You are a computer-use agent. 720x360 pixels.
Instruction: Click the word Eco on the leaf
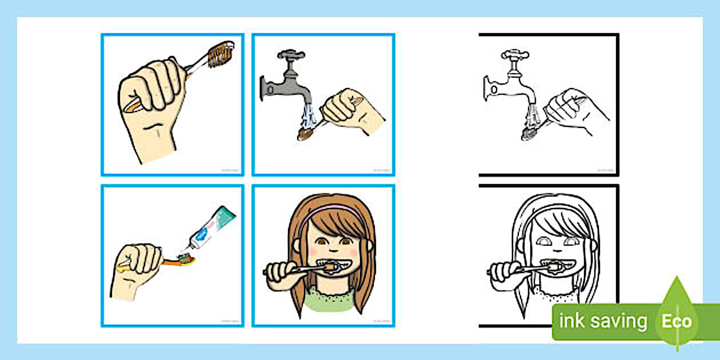(677, 321)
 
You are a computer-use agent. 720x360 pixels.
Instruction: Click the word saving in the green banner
(619, 322)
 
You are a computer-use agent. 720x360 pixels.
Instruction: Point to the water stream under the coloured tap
(309, 117)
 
